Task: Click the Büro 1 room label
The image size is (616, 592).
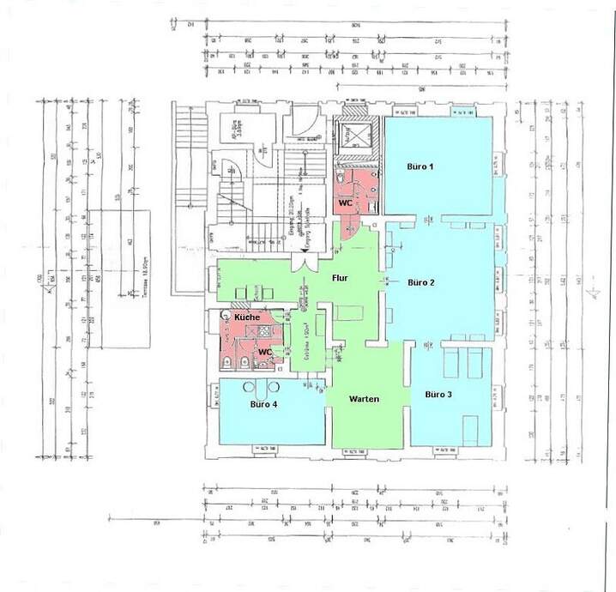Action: tap(420, 166)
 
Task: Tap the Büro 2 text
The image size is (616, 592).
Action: tap(420, 281)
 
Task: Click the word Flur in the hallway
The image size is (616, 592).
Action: tap(340, 278)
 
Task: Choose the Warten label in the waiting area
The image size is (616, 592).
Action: tap(364, 399)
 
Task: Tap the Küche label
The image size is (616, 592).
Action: tap(247, 317)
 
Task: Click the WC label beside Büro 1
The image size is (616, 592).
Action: tap(344, 203)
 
